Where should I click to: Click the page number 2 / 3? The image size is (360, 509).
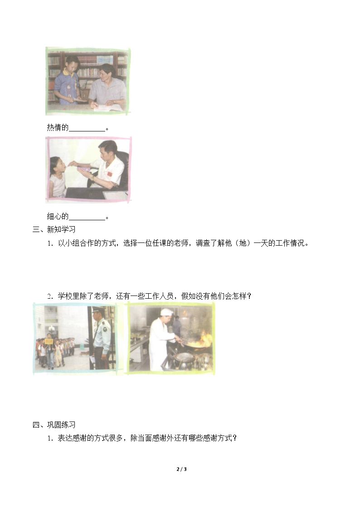(181, 469)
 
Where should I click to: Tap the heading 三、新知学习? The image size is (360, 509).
(54, 229)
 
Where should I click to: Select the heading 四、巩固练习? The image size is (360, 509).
(54, 425)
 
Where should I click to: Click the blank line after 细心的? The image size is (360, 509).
(87, 219)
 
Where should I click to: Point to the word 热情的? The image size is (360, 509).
(58, 127)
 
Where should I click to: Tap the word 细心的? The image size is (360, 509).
(58, 216)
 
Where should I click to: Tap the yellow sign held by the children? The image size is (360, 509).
(49, 341)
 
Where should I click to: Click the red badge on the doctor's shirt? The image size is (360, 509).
(109, 175)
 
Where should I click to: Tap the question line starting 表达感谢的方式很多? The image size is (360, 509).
(142, 438)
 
